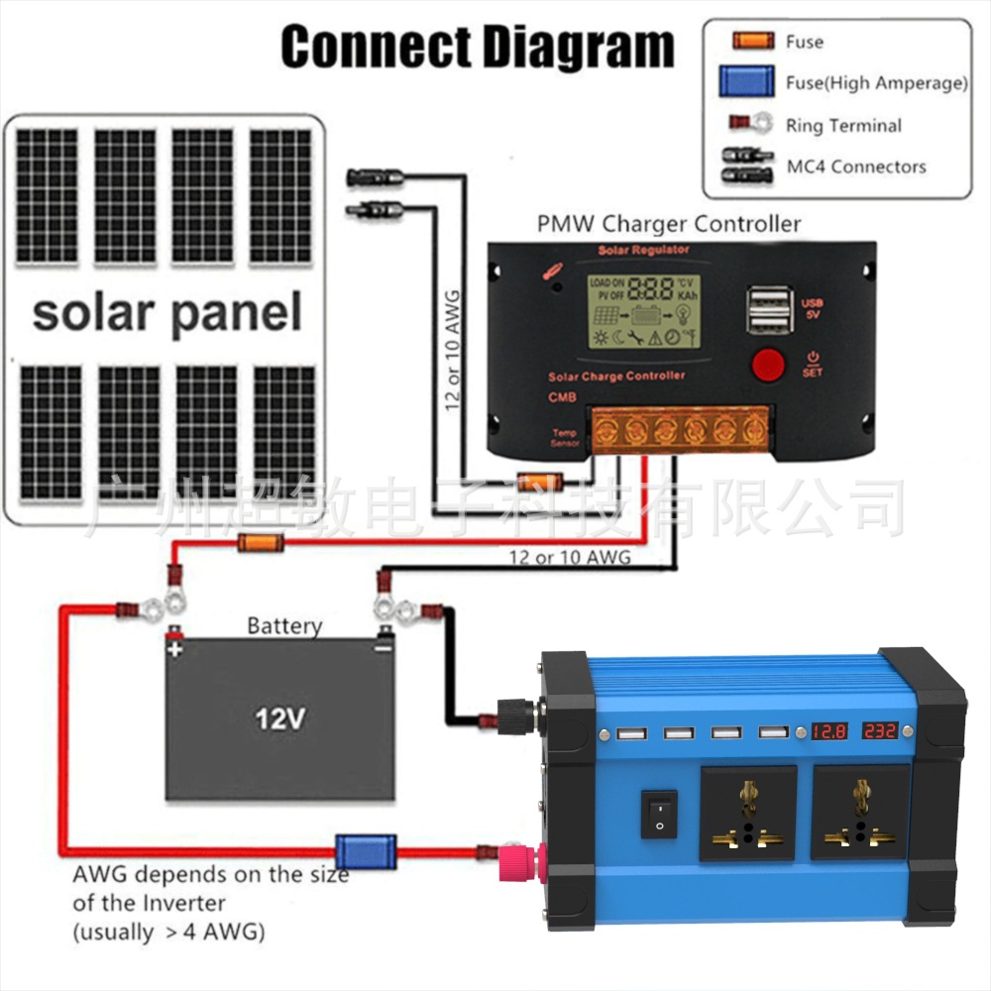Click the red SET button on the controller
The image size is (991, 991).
click(768, 365)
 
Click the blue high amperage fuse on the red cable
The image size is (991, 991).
click(365, 850)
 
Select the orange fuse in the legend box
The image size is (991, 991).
click(752, 42)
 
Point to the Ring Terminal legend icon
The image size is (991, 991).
click(751, 125)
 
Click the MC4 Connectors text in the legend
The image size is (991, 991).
click(856, 166)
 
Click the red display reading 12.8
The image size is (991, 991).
click(829, 732)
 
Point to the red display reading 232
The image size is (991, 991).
click(879, 732)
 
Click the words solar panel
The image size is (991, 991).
click(166, 312)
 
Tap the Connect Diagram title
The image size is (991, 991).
click(478, 47)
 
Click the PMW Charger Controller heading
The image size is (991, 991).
click(669, 224)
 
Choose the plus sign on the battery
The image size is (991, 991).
click(175, 650)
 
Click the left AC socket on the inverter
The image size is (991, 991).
click(748, 813)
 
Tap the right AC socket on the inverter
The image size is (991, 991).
click(859, 813)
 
